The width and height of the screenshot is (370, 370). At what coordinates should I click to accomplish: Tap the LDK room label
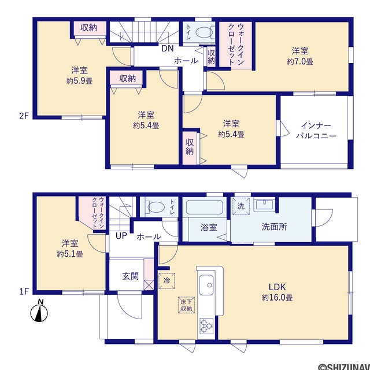pyautogui.click(x=277, y=287)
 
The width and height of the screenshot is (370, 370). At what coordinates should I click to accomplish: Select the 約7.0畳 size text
pyautogui.click(x=300, y=62)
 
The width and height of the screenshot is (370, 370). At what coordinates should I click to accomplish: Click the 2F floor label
pyautogui.click(x=24, y=116)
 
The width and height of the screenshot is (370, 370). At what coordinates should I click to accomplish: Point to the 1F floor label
pyautogui.click(x=24, y=291)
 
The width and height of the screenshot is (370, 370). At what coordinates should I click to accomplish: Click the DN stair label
pyautogui.click(x=167, y=49)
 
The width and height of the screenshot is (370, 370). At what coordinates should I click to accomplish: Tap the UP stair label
pyautogui.click(x=121, y=236)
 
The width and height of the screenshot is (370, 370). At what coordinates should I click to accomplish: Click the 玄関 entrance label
pyautogui.click(x=131, y=276)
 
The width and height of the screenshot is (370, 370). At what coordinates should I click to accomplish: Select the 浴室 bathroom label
pyautogui.click(x=209, y=227)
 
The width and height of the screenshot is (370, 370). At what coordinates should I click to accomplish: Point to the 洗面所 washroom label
pyautogui.click(x=274, y=227)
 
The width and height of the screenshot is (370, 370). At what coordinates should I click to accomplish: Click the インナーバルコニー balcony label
pyautogui.click(x=316, y=131)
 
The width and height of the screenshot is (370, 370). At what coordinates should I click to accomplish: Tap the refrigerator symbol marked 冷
pyautogui.click(x=166, y=281)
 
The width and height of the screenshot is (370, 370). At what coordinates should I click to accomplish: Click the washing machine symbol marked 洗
pyautogui.click(x=241, y=206)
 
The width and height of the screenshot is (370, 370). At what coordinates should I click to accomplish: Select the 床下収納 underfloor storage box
pyautogui.click(x=186, y=305)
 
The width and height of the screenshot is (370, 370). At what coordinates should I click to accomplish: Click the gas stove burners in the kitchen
pyautogui.click(x=206, y=325)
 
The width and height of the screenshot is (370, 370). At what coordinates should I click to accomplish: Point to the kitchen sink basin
pyautogui.click(x=206, y=285)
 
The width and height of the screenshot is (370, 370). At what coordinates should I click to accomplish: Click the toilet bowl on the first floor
pyautogui.click(x=156, y=207)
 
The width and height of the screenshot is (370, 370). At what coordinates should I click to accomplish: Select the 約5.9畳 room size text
pyautogui.click(x=79, y=82)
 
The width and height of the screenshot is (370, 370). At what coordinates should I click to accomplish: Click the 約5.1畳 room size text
pyautogui.click(x=70, y=254)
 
